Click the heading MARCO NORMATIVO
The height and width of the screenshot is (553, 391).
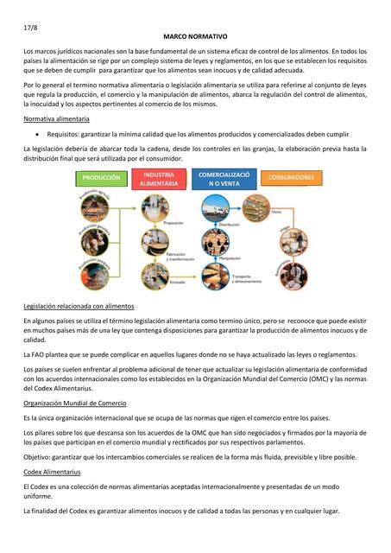(x=194, y=39)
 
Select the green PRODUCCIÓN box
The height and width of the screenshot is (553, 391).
(x=102, y=177)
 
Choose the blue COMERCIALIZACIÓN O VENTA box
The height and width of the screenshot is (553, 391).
(x=224, y=180)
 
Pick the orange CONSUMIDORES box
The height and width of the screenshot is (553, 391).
(x=291, y=177)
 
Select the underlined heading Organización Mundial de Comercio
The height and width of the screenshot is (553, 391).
(x=75, y=403)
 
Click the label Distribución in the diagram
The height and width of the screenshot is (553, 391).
(x=228, y=224)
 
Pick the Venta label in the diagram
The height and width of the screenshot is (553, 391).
(x=276, y=212)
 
